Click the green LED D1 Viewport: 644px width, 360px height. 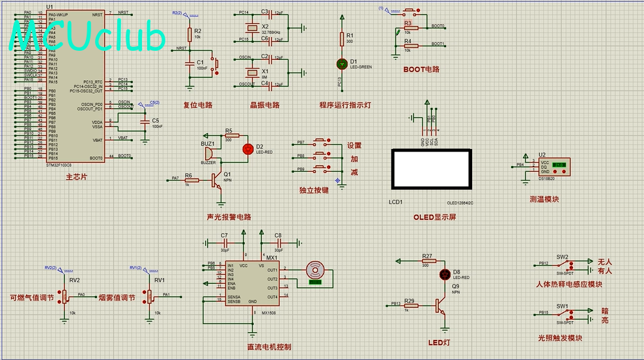click(x=341, y=63)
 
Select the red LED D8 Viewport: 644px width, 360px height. click(x=445, y=274)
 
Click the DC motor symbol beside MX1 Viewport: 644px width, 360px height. click(x=315, y=270)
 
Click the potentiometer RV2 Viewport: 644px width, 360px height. click(x=66, y=296)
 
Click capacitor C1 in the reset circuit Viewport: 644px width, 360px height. click(x=189, y=63)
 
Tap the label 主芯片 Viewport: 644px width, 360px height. click(x=77, y=176)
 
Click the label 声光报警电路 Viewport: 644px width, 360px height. click(x=229, y=217)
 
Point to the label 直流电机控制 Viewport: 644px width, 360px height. click(x=269, y=346)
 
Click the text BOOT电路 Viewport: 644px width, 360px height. click(x=421, y=69)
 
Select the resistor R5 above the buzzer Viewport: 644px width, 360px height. click(x=229, y=139)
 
